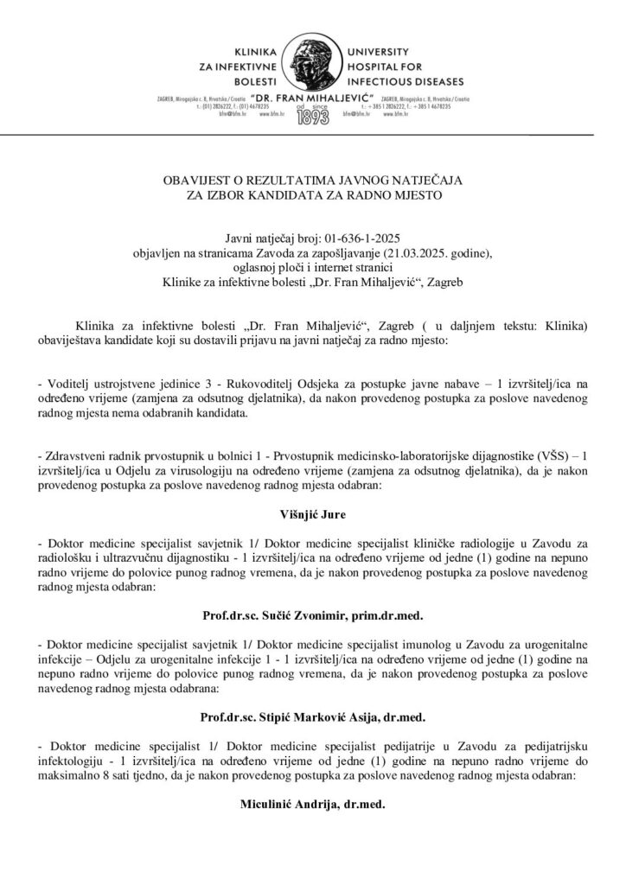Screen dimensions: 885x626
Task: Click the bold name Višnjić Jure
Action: [313, 519]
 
